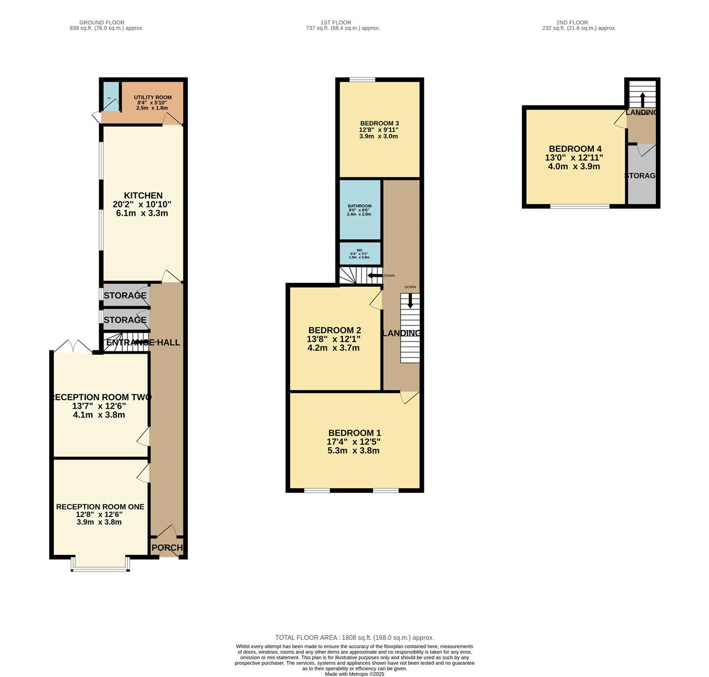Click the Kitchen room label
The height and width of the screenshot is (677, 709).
pyautogui.click(x=143, y=195)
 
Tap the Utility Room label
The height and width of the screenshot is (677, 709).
pyautogui.click(x=152, y=97)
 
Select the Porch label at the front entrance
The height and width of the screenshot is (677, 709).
pyautogui.click(x=167, y=547)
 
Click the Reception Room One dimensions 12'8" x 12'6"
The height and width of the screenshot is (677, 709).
pyautogui.click(x=100, y=514)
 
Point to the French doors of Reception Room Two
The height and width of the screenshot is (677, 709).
pyautogui.click(x=73, y=346)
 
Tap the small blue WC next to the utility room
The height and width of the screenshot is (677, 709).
pyautogui.click(x=111, y=97)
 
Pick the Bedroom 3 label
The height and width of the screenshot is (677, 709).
pyautogui.click(x=379, y=123)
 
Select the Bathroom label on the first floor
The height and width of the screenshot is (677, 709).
pyautogui.click(x=359, y=206)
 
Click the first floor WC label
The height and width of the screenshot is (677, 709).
pyautogui.click(x=359, y=250)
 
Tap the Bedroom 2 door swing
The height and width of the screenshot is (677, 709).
pyautogui.click(x=376, y=299)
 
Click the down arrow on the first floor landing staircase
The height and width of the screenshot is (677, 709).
pyautogui.click(x=410, y=301)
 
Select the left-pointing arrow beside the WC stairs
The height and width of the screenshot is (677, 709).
pyautogui.click(x=374, y=276)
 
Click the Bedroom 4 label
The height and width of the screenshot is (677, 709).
pyautogui.click(x=575, y=149)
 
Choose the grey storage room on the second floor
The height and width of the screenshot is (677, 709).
pyautogui.click(x=641, y=176)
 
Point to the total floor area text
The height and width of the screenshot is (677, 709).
pyautogui.click(x=354, y=638)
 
